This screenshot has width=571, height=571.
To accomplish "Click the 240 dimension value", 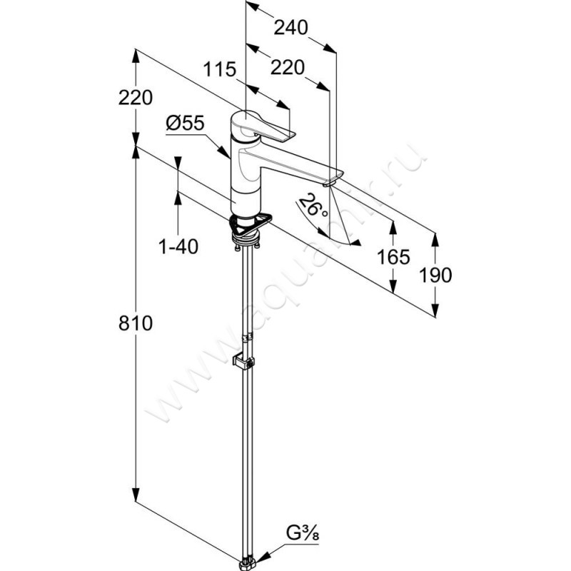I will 291,28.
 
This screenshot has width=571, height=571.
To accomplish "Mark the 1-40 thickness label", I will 178,246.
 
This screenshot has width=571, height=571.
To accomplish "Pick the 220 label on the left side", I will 136,98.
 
